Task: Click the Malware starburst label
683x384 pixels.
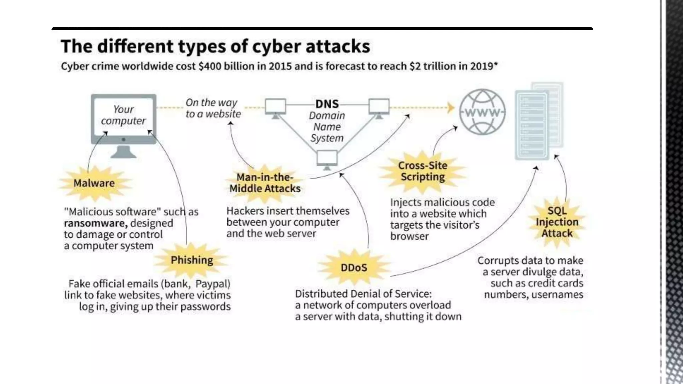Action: point(94,183)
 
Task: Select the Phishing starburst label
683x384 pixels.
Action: point(192,260)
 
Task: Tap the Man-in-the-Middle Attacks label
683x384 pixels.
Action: point(265,183)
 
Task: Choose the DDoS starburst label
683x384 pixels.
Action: point(354,267)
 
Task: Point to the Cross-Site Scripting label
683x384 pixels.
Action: point(423,171)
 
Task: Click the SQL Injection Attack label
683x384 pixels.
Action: point(557,222)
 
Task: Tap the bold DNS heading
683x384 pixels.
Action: point(327,104)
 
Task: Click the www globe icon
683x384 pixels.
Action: point(482,112)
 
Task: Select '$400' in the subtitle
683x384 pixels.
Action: point(210,66)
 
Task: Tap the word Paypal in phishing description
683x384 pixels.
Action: point(212,284)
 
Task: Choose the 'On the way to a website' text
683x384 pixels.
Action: point(213,108)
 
